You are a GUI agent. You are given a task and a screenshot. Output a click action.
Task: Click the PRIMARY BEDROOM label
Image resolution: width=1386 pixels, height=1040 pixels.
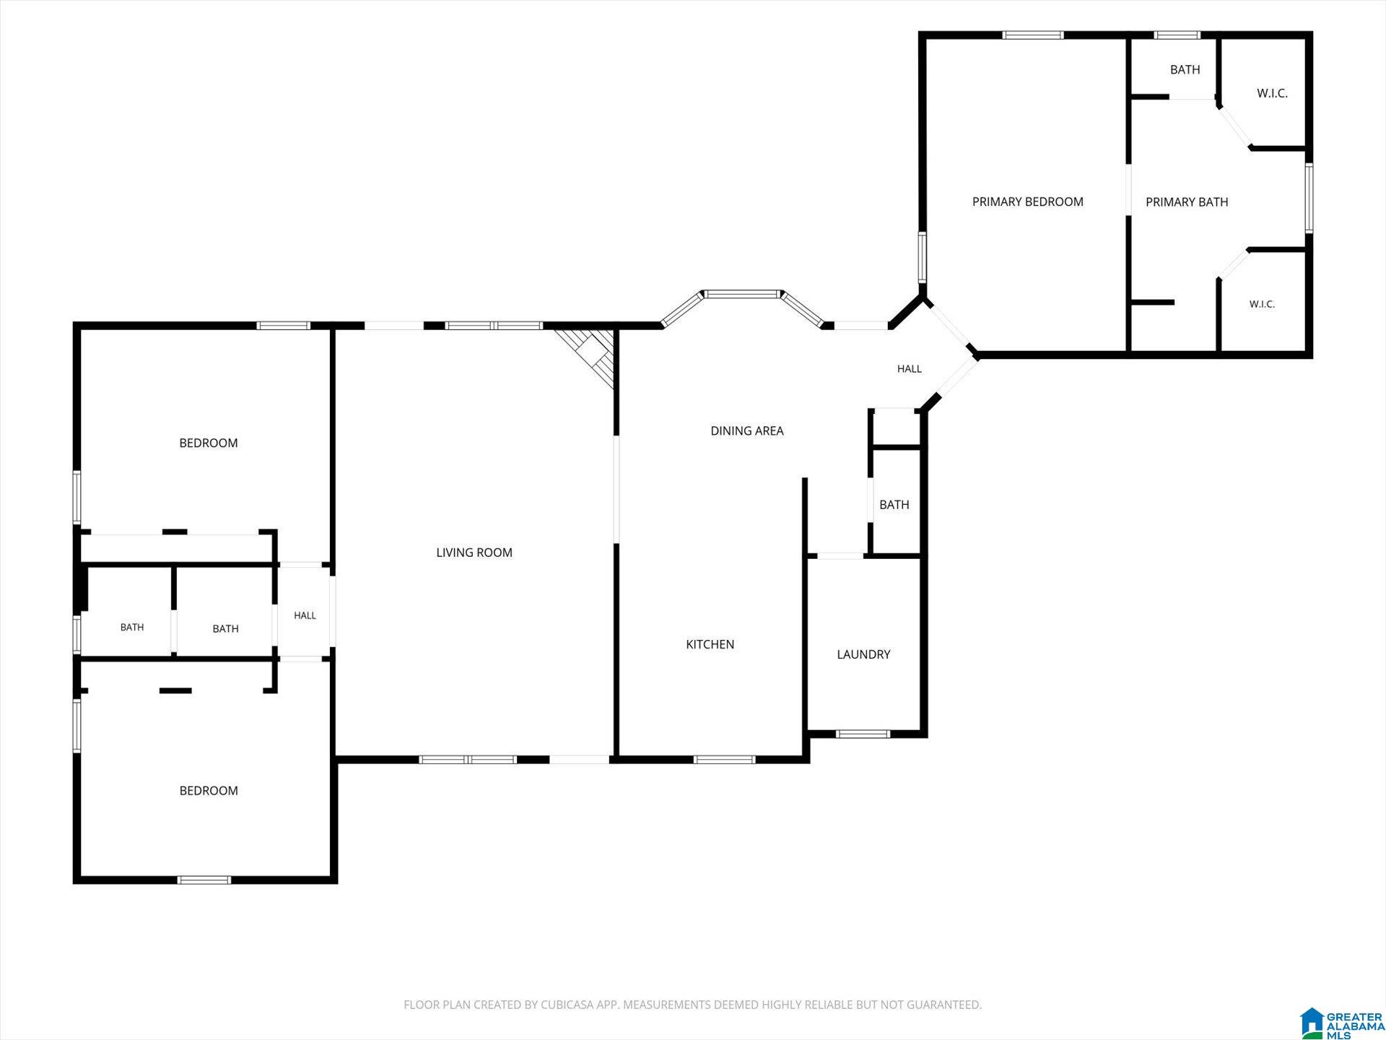1027,201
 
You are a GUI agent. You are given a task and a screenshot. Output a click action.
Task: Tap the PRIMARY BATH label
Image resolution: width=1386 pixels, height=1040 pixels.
1187,201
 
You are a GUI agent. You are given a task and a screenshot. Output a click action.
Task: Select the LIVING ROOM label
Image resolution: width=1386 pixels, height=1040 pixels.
474,552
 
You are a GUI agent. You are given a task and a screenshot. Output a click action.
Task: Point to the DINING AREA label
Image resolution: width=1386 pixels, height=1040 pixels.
747,430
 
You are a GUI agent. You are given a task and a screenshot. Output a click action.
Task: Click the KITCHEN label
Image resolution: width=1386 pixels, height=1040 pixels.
710,644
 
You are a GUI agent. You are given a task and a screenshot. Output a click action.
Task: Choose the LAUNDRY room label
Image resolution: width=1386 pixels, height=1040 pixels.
863,654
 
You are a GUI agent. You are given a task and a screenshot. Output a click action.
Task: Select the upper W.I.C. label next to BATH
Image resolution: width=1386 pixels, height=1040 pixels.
1272,93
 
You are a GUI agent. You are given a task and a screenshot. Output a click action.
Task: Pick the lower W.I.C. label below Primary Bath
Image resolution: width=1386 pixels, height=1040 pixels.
1262,304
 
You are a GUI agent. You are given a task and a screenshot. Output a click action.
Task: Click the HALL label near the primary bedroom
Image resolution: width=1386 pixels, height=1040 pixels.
910,368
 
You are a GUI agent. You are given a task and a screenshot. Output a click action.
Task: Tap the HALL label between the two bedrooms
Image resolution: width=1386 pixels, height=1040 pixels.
305,615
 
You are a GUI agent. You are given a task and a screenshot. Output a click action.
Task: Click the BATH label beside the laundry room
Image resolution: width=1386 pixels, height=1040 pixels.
894,505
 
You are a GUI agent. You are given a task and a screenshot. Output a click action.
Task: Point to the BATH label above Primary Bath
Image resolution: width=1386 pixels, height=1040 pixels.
1185,69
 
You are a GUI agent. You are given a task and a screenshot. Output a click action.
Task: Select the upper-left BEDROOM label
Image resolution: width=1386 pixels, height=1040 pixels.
209,443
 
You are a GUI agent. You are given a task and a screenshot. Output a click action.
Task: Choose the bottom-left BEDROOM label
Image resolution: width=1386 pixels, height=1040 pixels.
209,791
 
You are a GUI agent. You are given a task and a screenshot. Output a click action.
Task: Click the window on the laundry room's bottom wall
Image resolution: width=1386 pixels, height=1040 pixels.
863,734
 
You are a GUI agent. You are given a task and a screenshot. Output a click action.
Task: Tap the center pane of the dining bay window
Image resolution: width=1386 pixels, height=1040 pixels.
743,294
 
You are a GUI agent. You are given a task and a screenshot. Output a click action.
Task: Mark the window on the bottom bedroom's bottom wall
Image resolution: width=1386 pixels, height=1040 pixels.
204,880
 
